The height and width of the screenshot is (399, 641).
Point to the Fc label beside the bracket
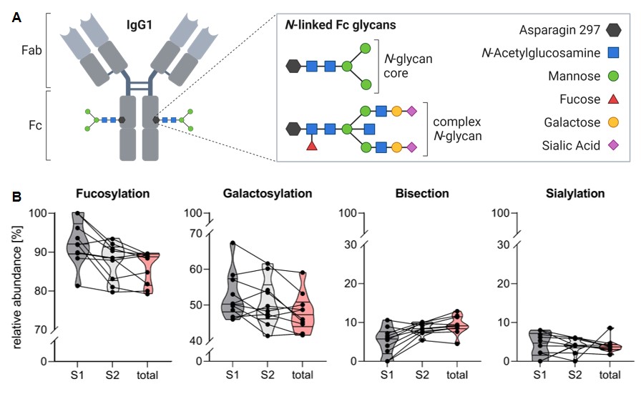(x=26, y=124)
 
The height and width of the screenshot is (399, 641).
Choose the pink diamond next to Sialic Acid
(x=613, y=145)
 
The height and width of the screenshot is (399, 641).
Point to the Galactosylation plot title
(x=268, y=194)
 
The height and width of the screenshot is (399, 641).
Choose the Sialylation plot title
(x=574, y=194)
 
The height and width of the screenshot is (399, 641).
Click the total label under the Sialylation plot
(x=610, y=374)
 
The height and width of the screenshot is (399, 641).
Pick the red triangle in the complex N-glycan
(x=312, y=146)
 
